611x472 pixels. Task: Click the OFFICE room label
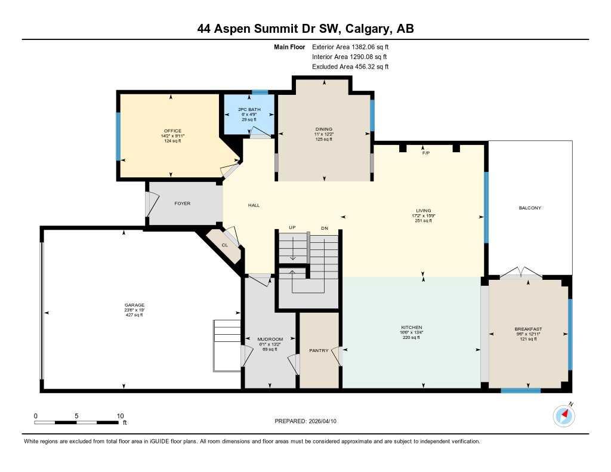(x=172, y=131)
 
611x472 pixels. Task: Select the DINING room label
(x=324, y=129)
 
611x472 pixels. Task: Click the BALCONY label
(x=530, y=208)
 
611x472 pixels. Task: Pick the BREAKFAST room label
(x=528, y=329)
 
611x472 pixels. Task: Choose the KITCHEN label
(x=411, y=328)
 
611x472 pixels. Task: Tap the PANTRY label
(x=319, y=351)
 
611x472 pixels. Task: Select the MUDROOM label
(x=270, y=339)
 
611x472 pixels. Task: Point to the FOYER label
(x=182, y=203)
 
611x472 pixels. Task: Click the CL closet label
(x=225, y=245)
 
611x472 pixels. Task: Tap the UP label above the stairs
(x=292, y=228)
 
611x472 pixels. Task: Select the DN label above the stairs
(x=324, y=228)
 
